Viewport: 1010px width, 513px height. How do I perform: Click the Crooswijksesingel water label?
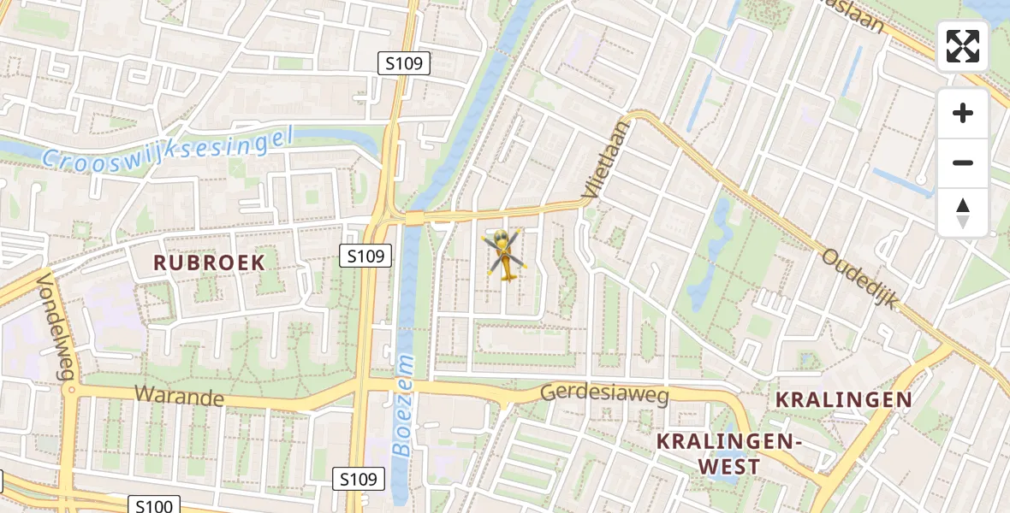pos(168,149)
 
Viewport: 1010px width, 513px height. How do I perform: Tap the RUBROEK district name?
pos(210,262)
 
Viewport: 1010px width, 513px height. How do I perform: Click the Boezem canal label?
pos(403,406)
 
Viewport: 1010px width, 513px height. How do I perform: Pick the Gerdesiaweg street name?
pos(604,394)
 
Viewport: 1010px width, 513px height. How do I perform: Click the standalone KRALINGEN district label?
pos(843,399)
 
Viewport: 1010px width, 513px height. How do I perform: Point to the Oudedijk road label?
pos(860,279)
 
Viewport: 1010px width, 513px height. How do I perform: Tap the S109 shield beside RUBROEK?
pos(365,255)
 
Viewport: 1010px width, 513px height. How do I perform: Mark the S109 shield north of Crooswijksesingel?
pos(404,62)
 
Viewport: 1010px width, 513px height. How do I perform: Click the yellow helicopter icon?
pos(505,254)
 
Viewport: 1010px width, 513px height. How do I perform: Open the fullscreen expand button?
pos(963,46)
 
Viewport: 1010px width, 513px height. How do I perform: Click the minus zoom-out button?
pos(963,162)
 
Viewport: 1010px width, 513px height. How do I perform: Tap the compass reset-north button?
pos(963,212)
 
